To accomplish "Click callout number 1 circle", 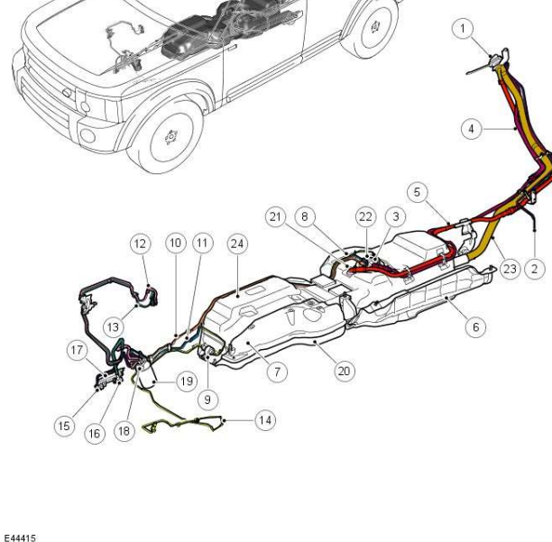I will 463,30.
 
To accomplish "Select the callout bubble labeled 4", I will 471,129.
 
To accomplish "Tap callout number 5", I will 416,191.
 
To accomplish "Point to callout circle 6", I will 476,327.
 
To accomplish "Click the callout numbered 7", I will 277,371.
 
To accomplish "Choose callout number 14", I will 264,420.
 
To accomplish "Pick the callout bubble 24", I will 237,243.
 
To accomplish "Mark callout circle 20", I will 344,371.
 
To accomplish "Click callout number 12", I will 140,243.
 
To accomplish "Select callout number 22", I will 364,216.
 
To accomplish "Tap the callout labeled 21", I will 276,216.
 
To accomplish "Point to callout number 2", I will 534,269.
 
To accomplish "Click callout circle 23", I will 510,269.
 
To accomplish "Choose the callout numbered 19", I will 186,381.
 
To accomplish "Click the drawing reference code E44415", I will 19,537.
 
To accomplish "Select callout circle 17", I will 77,349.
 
